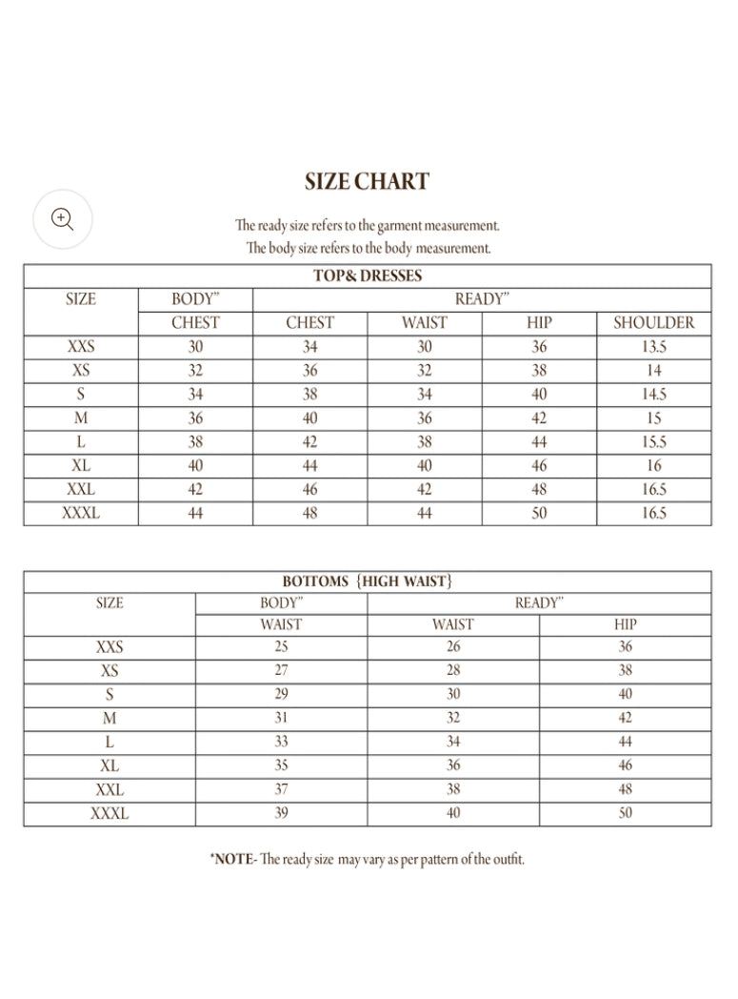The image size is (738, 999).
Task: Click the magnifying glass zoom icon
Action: pos(63,219)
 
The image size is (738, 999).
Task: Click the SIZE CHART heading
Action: pos(367,181)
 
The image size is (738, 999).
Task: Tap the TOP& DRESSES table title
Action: pos(367,276)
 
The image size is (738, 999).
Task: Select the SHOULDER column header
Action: pos(653,323)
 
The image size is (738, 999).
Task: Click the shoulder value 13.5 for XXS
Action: pos(653,347)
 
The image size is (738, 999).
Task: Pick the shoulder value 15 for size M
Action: pos(653,418)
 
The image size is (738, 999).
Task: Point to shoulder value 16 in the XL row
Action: pos(653,466)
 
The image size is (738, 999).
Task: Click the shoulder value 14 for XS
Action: pos(653,371)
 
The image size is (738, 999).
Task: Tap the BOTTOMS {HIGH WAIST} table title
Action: pos(367,581)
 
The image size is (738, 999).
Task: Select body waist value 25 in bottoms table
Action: pos(281,646)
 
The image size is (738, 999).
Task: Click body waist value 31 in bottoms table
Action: pos(281,718)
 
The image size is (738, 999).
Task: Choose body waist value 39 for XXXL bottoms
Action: pos(281,813)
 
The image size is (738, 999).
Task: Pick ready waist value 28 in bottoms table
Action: pos(453,670)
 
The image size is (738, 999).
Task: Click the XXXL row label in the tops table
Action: pos(81,514)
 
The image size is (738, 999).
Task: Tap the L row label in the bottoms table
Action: pos(110,742)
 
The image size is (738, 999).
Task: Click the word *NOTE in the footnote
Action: pos(231,859)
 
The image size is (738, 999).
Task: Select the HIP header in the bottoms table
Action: pos(625,624)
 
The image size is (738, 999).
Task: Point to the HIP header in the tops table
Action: pos(539,323)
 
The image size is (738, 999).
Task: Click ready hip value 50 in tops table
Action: pos(539,514)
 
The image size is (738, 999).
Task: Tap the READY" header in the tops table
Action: pos(482,299)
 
